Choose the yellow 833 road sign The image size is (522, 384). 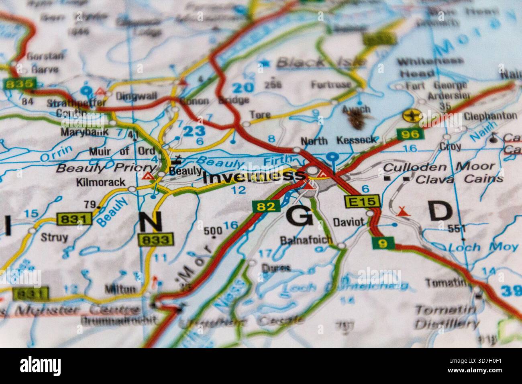(157, 240)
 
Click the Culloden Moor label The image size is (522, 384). (439, 166)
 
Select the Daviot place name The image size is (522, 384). (349, 221)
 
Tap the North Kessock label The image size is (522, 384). (338, 140)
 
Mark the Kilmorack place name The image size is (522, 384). (100, 182)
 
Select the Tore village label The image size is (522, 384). (260, 115)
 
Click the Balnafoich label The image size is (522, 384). (307, 240)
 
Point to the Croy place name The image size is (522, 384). (451, 146)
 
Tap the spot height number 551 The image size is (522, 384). (457, 229)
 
